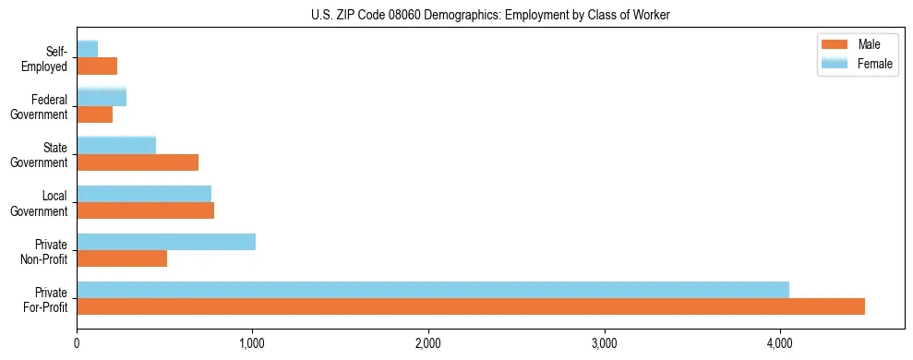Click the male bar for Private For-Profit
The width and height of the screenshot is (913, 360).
click(471, 306)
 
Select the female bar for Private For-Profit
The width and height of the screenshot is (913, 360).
click(433, 290)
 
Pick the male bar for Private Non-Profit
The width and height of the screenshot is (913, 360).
click(122, 258)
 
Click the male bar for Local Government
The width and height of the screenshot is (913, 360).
click(145, 210)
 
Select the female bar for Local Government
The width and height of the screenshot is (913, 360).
click(144, 193)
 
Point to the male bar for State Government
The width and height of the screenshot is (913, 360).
click(138, 162)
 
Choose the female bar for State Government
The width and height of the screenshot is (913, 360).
click(116, 145)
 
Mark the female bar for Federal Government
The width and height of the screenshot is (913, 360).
click(102, 97)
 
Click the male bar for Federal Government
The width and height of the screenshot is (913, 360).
click(94, 114)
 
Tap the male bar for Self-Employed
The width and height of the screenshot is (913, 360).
click(97, 66)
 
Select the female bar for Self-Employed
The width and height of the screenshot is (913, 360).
click(88, 49)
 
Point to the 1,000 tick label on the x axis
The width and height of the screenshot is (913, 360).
click(252, 345)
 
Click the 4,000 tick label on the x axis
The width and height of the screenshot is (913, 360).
click(780, 345)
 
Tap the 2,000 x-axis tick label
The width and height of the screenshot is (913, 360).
click(428, 345)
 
